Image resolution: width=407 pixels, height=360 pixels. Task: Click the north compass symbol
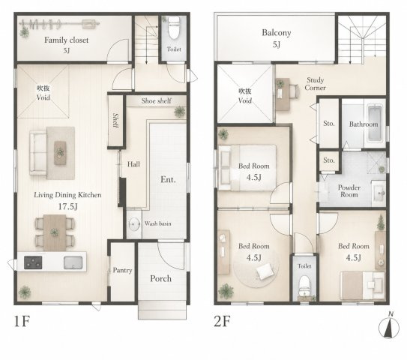click(x=389, y=325)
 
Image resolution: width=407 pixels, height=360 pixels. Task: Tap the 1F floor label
click(x=22, y=321)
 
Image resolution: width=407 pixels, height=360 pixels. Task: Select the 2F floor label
click(x=222, y=321)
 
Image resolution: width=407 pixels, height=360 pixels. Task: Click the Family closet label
click(x=67, y=40)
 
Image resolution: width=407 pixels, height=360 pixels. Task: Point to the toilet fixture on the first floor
click(x=174, y=28)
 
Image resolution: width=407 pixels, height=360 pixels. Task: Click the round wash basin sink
click(x=134, y=223)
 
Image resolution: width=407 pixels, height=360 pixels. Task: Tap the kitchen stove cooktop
click(x=33, y=262)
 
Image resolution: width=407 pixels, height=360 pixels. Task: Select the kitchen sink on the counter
click(x=73, y=262)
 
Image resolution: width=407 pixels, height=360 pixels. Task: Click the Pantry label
click(x=122, y=271)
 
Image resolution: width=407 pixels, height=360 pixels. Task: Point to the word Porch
click(x=160, y=279)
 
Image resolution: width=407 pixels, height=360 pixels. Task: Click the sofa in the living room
click(x=38, y=152)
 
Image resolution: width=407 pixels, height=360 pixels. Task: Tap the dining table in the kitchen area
click(x=55, y=232)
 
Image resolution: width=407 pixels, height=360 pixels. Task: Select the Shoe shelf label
click(x=156, y=100)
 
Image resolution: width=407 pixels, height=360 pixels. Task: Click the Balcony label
click(x=276, y=33)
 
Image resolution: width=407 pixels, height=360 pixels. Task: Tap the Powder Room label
click(x=349, y=191)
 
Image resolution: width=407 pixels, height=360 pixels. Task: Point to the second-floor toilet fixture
click(x=304, y=286)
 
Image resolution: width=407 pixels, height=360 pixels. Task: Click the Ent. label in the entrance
click(x=168, y=179)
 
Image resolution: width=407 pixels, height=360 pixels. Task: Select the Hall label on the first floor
click(x=133, y=164)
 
